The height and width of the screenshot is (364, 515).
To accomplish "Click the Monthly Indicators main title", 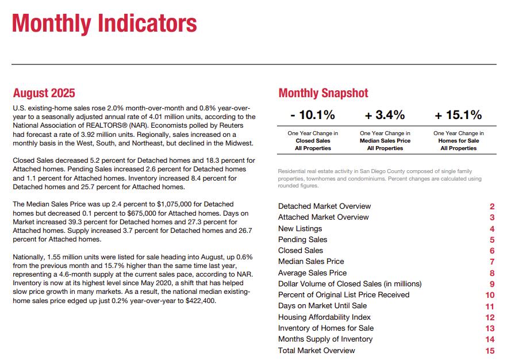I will pyautogui.click(x=104, y=24).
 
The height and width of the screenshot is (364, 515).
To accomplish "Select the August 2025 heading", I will pyautogui.click(x=44, y=93).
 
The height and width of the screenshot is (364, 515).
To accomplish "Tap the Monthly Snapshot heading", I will pyautogui.click(x=323, y=93).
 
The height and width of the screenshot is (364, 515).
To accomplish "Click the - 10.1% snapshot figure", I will pyautogui.click(x=312, y=116).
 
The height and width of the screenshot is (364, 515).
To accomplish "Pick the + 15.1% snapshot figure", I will pyautogui.click(x=458, y=116).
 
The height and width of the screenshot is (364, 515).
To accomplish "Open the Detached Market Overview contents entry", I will pyautogui.click(x=324, y=206).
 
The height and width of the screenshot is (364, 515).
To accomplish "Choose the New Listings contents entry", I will pyautogui.click(x=299, y=229).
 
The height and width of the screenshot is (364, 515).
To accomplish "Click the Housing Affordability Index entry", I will pyautogui.click(x=324, y=317).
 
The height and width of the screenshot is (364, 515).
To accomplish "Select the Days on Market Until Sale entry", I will pyautogui.click(x=322, y=306).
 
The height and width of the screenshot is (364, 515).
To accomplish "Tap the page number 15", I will pyautogui.click(x=490, y=351).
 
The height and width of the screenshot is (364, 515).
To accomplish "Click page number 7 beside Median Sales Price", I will pyautogui.click(x=492, y=262).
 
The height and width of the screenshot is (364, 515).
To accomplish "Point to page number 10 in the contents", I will pyautogui.click(x=490, y=295).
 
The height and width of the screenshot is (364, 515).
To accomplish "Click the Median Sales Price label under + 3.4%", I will pyautogui.click(x=385, y=141).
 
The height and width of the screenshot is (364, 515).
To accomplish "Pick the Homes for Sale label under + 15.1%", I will pyautogui.click(x=458, y=141).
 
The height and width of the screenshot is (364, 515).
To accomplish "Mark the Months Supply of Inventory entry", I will pyautogui.click(x=325, y=339).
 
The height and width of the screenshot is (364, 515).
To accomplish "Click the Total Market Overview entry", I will pyautogui.click(x=316, y=351).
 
